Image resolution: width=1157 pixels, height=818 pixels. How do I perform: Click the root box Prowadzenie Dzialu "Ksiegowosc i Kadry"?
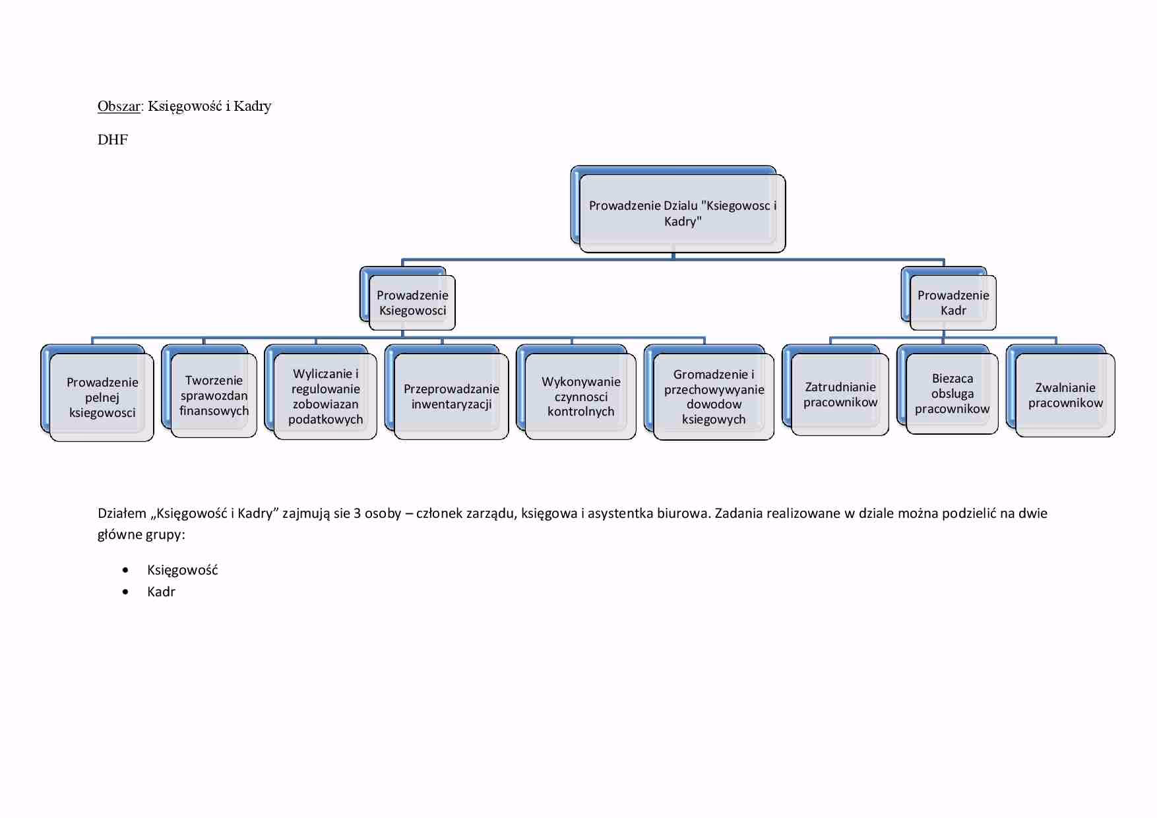tap(682, 213)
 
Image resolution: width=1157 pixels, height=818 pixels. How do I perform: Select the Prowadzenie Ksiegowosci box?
tap(412, 303)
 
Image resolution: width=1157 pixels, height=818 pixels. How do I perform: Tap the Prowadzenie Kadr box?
tap(953, 303)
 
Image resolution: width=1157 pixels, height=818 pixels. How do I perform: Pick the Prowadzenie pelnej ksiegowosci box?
tap(102, 397)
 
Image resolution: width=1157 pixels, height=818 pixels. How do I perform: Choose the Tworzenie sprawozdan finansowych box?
tap(214, 395)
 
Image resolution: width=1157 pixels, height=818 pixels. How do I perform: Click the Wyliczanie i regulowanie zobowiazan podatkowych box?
tap(325, 396)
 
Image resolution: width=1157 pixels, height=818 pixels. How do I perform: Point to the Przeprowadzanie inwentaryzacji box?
tap(451, 396)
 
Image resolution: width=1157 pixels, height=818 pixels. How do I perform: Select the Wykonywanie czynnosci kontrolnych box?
tap(580, 396)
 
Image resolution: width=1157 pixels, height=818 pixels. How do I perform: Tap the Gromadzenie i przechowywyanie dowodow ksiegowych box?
tap(714, 396)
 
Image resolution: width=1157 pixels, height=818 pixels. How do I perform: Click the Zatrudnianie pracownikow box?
tap(840, 394)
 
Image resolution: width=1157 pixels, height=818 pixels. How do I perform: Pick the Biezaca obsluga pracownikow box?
tap(952, 394)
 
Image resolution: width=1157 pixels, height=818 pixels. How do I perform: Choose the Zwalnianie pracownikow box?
tap(1065, 395)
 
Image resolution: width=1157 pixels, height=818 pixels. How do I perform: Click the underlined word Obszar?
tap(119, 106)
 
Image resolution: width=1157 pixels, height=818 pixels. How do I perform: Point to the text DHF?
tap(113, 140)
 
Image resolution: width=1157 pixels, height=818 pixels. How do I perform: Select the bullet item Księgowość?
tap(182, 570)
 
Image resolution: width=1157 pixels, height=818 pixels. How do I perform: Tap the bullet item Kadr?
tap(161, 592)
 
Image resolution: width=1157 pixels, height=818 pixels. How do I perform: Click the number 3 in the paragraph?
tap(357, 513)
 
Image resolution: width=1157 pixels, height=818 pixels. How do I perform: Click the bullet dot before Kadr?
tap(125, 592)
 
